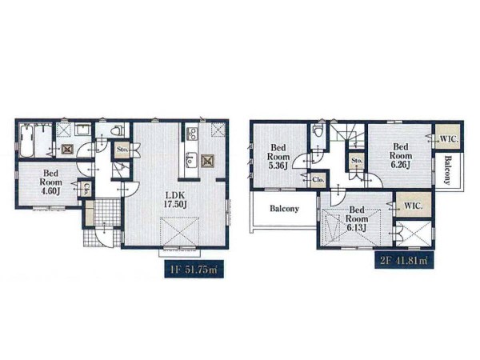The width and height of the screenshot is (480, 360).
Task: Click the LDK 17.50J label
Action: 175,200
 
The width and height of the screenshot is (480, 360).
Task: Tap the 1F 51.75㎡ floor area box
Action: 194,270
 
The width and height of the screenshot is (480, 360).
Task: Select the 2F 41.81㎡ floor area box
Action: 404,260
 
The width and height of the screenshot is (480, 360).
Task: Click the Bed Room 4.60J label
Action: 51,182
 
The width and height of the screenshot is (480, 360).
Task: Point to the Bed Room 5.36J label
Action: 278,157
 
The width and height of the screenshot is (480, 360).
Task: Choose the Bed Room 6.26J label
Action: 401,156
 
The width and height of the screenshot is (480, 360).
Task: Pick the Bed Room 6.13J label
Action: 357,219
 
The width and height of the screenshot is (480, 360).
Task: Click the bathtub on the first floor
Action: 26,140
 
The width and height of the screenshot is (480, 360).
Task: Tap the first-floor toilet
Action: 117,130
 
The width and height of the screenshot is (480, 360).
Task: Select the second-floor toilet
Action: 317,132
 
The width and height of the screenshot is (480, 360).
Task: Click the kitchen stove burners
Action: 192,134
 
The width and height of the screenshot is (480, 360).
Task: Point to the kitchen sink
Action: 191,159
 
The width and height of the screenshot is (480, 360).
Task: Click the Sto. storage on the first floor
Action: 122,150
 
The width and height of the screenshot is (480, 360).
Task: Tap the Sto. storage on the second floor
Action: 357,161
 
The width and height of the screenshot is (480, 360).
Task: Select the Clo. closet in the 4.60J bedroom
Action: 86,189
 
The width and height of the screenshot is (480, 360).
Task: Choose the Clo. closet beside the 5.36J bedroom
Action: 318,180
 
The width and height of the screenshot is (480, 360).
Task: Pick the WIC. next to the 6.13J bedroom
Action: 414,205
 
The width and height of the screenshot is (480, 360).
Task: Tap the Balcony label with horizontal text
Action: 284,209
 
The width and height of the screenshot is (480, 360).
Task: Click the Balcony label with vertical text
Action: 448,170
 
